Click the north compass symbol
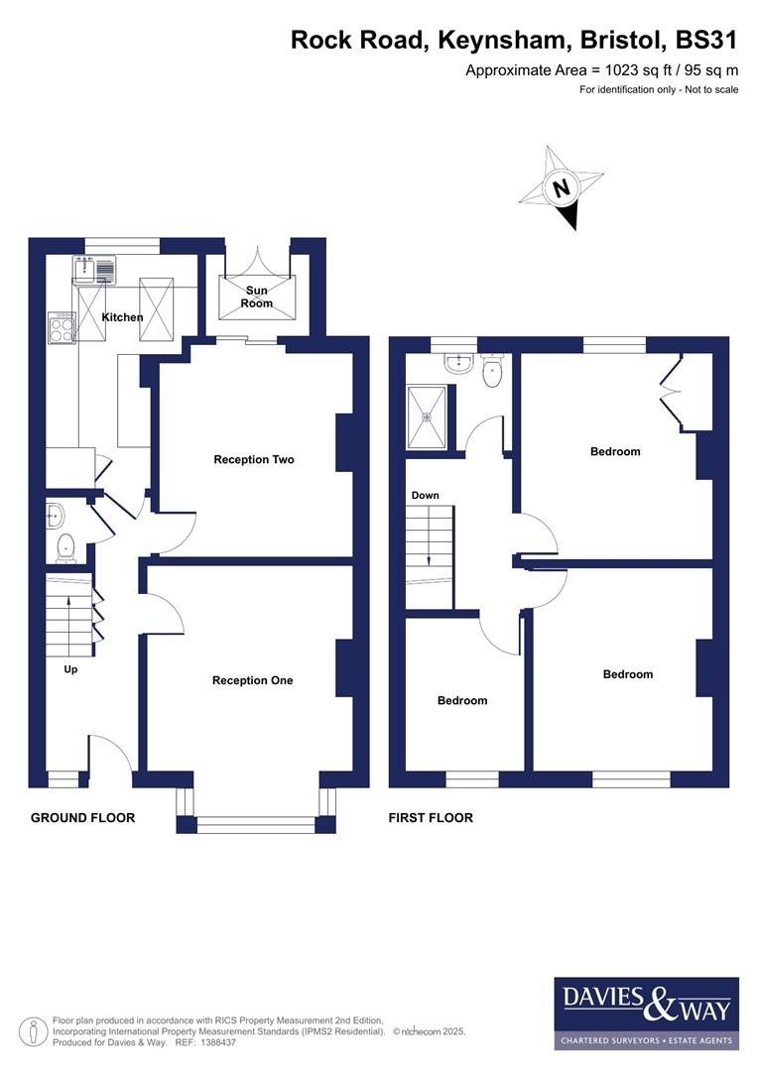tap(562, 187)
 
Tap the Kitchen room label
tap(123, 317)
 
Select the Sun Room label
tap(256, 297)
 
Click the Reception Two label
tap(254, 460)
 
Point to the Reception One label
tap(252, 681)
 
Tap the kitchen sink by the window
tap(94, 268)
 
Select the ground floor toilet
tap(65, 545)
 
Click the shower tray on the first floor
tap(429, 417)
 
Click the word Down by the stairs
tap(425, 496)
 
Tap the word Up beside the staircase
tap(70, 669)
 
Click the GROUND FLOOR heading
tap(82, 818)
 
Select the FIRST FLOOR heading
tap(431, 818)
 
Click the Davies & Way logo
tap(645, 1011)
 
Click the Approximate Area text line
tap(602, 70)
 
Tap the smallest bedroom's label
tap(462, 701)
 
